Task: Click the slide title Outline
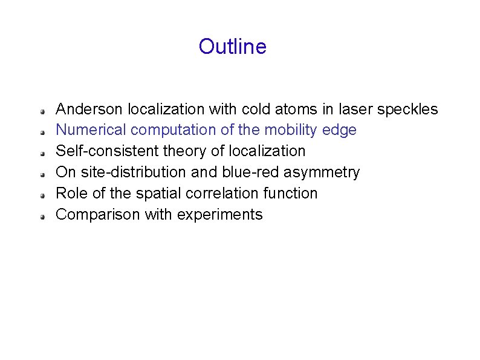coord(232,47)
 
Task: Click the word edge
coord(340,130)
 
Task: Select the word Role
coord(69,193)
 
